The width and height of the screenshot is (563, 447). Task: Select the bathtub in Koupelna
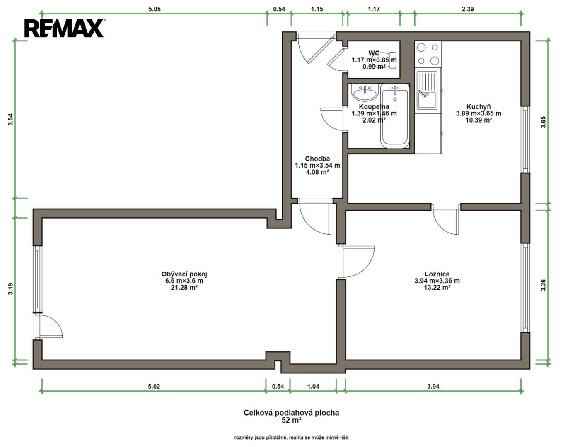click(395, 116)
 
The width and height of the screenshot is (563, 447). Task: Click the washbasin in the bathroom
click(365, 93)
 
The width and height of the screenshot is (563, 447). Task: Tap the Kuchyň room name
click(479, 107)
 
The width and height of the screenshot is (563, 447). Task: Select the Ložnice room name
click(437, 274)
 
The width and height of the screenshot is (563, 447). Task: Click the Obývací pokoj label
click(184, 274)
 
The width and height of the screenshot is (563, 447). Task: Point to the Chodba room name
click(317, 159)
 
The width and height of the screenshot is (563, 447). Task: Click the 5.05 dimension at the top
click(155, 9)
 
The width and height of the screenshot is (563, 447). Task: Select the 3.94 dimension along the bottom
click(433, 386)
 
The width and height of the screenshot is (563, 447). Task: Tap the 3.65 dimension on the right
click(544, 122)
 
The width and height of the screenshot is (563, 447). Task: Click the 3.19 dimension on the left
click(10, 288)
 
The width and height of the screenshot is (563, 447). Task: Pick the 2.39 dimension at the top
click(468, 9)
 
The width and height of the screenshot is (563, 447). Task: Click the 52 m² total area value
click(291, 420)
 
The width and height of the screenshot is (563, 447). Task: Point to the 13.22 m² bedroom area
click(437, 288)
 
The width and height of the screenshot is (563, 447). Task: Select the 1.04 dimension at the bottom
click(313, 386)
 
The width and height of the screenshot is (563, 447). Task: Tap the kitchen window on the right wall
click(525, 139)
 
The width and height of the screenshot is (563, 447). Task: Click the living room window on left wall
click(38, 279)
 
